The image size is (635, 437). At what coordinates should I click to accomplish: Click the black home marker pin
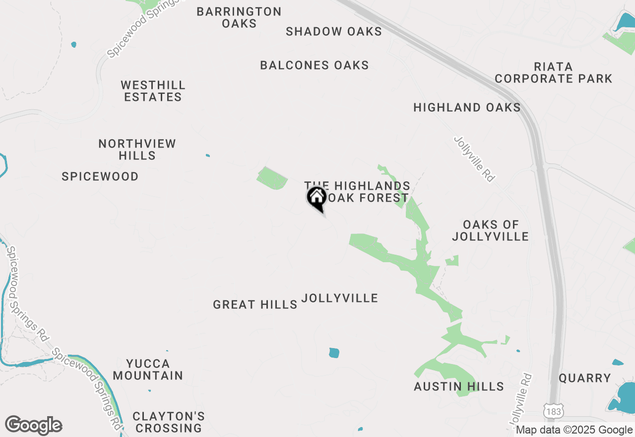point(317,198)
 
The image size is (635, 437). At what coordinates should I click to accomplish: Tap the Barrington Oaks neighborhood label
point(239,17)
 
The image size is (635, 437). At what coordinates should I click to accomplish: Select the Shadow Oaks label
point(334,32)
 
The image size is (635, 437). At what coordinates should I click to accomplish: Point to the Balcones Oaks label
point(315,65)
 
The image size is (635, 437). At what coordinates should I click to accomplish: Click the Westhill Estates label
point(153,91)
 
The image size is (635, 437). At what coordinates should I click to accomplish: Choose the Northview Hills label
point(137,149)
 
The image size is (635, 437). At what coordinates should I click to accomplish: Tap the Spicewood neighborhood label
point(100,176)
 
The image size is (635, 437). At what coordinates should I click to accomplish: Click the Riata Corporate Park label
point(554,73)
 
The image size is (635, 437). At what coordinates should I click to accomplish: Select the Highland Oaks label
point(467,107)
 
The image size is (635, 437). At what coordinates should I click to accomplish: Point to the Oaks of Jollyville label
point(490,231)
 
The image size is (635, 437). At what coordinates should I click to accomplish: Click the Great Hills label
point(255,304)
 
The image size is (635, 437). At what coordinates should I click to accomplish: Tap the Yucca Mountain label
point(148,369)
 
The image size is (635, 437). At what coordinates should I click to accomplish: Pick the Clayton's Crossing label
point(169,422)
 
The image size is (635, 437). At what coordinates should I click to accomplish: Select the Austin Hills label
point(459,386)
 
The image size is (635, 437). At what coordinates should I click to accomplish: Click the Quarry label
point(585,378)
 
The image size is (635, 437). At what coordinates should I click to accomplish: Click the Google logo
point(33,426)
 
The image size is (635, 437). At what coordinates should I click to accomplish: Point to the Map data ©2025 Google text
point(574,430)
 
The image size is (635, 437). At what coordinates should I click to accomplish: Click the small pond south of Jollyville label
point(334,353)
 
